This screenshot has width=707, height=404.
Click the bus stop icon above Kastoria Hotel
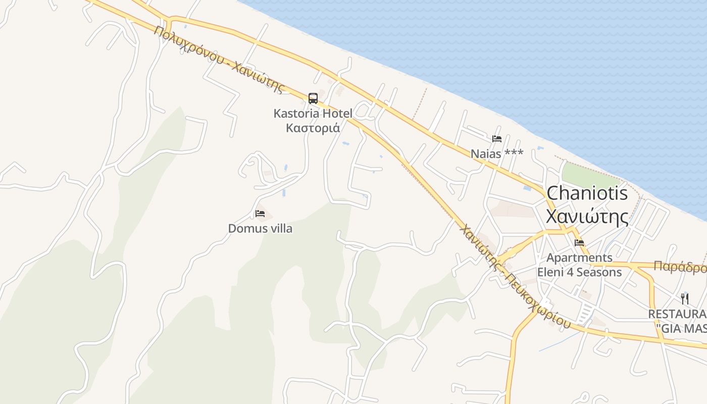(313, 98)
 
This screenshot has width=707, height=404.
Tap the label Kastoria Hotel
(313, 113)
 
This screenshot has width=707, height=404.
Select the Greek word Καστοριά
(313, 128)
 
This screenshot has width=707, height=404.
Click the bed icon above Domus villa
(260, 214)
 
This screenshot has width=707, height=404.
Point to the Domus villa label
(260, 228)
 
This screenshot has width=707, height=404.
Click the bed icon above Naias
(497, 139)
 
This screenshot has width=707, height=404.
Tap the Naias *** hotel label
(497, 154)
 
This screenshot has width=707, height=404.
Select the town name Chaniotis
(587, 193)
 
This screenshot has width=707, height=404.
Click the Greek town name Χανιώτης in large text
(587, 217)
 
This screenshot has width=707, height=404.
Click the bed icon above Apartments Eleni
(579, 243)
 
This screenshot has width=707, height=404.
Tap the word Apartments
(579, 258)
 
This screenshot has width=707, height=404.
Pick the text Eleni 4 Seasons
(579, 273)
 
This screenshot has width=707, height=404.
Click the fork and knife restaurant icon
(685, 298)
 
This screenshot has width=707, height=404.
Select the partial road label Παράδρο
(680, 267)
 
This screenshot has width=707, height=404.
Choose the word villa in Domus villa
(281, 228)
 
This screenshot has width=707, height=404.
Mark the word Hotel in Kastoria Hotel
(335, 113)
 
